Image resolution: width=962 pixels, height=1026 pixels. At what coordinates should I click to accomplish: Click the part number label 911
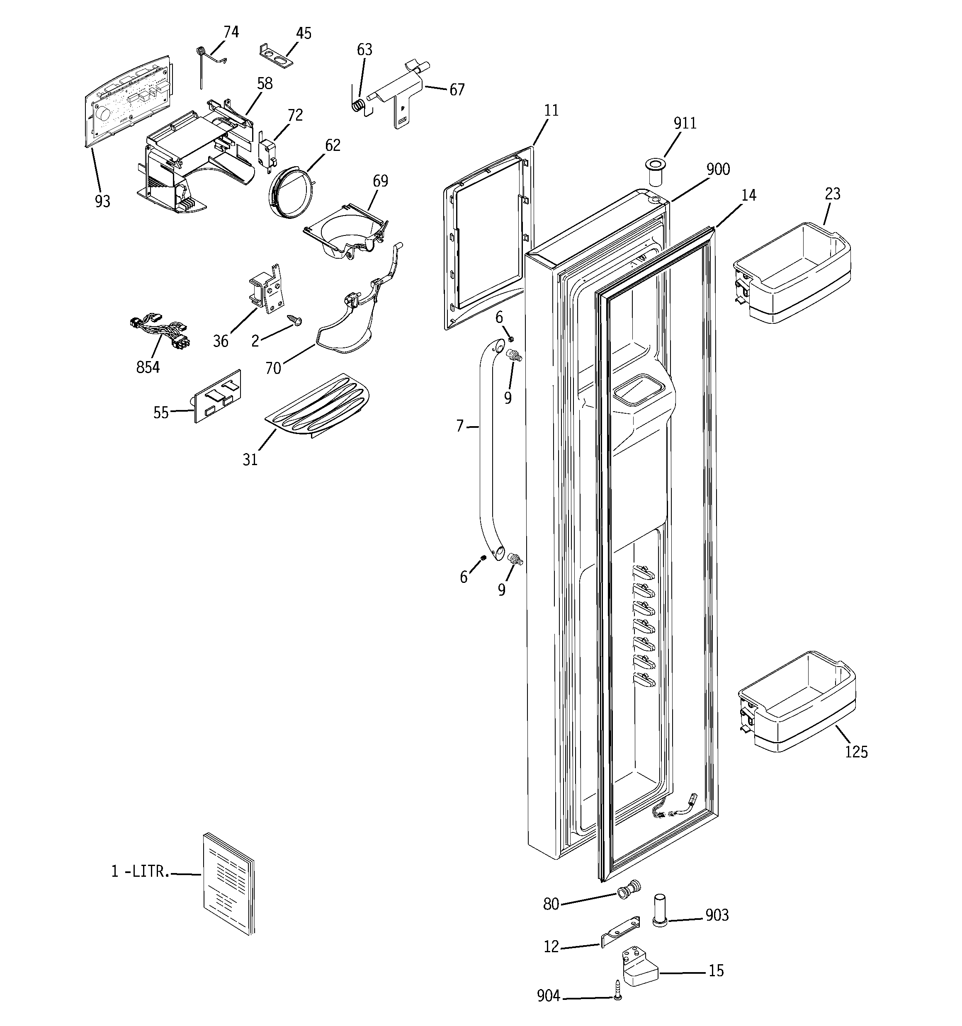coord(685,124)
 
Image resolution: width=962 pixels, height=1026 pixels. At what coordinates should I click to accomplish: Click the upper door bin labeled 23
coord(792,272)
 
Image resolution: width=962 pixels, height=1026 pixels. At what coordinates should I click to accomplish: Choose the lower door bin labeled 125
coord(797,703)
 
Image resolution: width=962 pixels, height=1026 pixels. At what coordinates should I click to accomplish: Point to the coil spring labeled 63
coord(358,106)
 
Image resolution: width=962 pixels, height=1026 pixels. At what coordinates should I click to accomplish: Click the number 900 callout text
coord(718,169)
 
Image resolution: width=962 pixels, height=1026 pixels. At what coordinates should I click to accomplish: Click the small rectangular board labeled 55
coord(217,396)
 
